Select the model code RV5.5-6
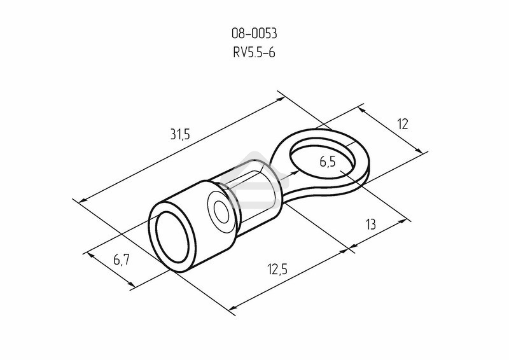pyautogui.click(x=254, y=53)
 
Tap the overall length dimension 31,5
pyautogui.click(x=181, y=134)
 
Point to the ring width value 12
pyautogui.click(x=402, y=124)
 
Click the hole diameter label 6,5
pyautogui.click(x=328, y=162)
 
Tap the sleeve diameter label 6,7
pyautogui.click(x=122, y=260)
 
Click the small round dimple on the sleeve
pyautogui.click(x=221, y=210)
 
